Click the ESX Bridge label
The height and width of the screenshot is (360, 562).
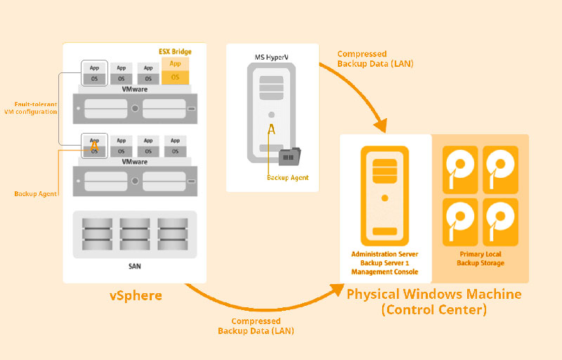click(175, 51)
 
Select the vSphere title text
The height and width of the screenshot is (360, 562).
click(136, 295)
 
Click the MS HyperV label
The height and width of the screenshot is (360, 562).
click(272, 55)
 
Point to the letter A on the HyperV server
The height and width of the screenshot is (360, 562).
click(271, 129)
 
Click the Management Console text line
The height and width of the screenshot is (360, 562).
click(384, 271)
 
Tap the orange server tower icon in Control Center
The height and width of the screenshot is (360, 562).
click(384, 192)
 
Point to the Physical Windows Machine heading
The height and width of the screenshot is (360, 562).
click(434, 293)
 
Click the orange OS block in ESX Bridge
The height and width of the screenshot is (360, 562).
click(175, 77)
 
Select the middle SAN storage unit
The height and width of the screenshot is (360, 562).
click(135, 233)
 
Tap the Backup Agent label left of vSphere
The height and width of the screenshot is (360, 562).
click(35, 193)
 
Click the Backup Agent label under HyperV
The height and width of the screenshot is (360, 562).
click(287, 178)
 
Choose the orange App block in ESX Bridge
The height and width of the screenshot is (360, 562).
click(175, 63)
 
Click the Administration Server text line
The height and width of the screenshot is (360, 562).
click(384, 253)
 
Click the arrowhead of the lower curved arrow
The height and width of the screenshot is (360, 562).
click(336, 289)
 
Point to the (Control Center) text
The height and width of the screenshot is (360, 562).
click(434, 309)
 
